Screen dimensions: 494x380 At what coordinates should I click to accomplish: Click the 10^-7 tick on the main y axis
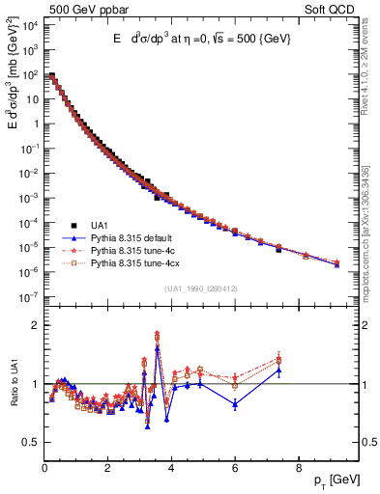[27, 297]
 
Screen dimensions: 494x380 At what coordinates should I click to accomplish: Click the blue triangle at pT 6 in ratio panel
[235, 404]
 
